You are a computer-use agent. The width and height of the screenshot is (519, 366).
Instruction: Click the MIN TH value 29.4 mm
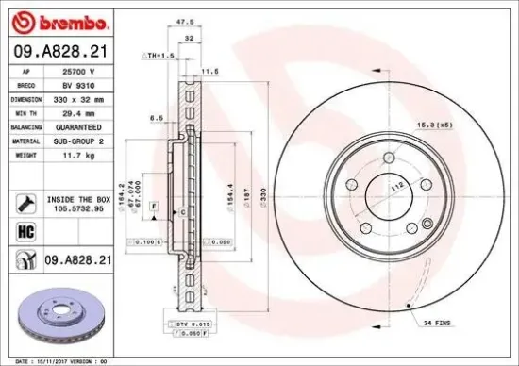click(75, 111)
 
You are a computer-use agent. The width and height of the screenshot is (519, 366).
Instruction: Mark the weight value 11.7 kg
click(74, 153)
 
